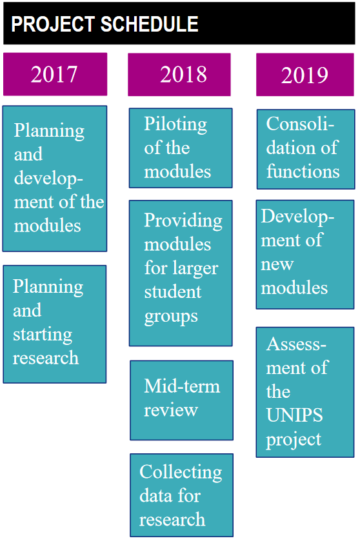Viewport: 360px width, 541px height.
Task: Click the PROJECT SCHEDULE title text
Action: pyautogui.click(x=105, y=24)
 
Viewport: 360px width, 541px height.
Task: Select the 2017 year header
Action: pyautogui.click(x=55, y=74)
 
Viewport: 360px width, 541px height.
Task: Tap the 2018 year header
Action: pyautogui.click(x=179, y=75)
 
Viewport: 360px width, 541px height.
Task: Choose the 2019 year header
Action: pyautogui.click(x=305, y=75)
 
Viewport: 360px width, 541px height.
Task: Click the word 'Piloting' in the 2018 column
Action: pyautogui.click(x=175, y=125)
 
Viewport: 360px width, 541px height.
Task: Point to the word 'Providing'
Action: pyautogui.click(x=183, y=221)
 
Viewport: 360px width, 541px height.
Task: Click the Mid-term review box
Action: pyautogui.click(x=181, y=400)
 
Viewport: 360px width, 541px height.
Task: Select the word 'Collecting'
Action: pyautogui.click(x=181, y=473)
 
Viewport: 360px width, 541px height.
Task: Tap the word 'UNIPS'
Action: pyautogui.click(x=294, y=415)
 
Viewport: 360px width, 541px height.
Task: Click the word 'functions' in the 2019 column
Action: pyautogui.click(x=303, y=171)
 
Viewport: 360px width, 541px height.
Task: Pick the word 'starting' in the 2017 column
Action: pyautogui.click(x=43, y=335)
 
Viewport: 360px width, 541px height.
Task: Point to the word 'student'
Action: pyautogui.click(x=172, y=292)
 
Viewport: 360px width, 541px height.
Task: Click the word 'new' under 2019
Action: pyautogui.click(x=277, y=265)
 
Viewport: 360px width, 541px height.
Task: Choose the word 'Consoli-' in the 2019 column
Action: pyautogui.click(x=300, y=124)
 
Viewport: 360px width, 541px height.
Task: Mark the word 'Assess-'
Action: pyautogui.click(x=296, y=344)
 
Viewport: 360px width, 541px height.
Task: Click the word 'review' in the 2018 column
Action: pyautogui.click(x=171, y=410)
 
